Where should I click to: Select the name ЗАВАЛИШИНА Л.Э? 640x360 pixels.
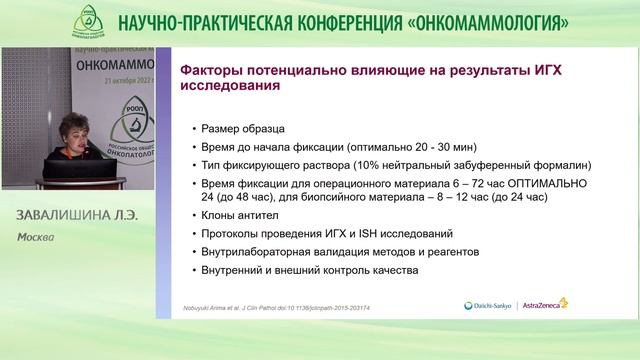(76, 217)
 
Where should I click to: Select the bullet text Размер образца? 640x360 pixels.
(244, 129)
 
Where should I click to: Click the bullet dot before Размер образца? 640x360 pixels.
(192, 129)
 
